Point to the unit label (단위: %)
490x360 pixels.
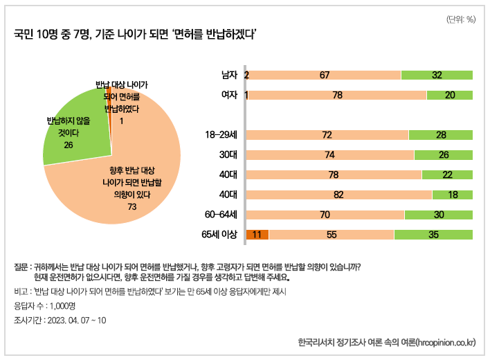pos(460,19)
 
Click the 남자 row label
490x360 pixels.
pos(229,75)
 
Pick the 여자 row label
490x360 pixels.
pos(229,95)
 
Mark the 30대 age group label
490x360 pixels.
pos(228,154)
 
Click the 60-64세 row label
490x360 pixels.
pos(221,215)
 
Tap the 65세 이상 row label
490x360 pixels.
pos(219,235)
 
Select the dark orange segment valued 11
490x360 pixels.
pos(257,235)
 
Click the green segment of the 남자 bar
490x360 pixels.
pos(437,75)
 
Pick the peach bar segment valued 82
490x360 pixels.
pos(339,195)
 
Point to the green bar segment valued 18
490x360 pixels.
pos(453,195)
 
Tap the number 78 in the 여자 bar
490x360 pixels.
pos(338,95)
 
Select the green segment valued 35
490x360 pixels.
pos(433,235)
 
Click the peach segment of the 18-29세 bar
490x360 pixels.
pos(327,134)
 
